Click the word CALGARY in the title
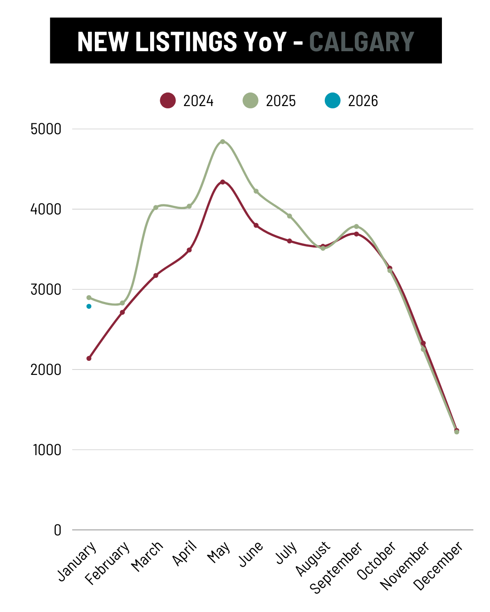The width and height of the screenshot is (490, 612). click(x=362, y=41)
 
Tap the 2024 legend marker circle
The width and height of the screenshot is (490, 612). click(x=168, y=100)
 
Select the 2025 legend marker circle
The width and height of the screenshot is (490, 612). click(x=250, y=100)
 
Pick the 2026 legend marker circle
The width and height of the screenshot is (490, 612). click(x=333, y=100)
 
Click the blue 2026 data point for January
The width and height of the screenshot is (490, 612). click(x=89, y=306)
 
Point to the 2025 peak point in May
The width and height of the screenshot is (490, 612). click(x=222, y=141)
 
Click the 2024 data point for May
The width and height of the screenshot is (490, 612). click(x=222, y=182)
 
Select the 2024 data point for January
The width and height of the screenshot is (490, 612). click(x=89, y=358)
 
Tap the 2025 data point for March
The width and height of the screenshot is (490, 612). click(x=156, y=208)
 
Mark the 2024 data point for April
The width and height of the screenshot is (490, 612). click(x=189, y=250)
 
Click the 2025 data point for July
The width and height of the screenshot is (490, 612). click(x=289, y=216)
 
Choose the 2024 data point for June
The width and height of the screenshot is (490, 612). click(x=256, y=225)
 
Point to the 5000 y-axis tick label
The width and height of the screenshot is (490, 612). click(x=46, y=129)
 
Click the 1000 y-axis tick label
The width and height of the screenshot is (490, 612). click(x=47, y=450)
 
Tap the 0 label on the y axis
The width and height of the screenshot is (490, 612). click(x=57, y=530)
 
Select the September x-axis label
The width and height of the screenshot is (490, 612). click(x=336, y=567)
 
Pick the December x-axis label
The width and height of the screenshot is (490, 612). click(x=439, y=566)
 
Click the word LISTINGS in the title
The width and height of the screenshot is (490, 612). click(x=186, y=41)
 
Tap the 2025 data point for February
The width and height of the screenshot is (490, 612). click(x=122, y=303)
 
